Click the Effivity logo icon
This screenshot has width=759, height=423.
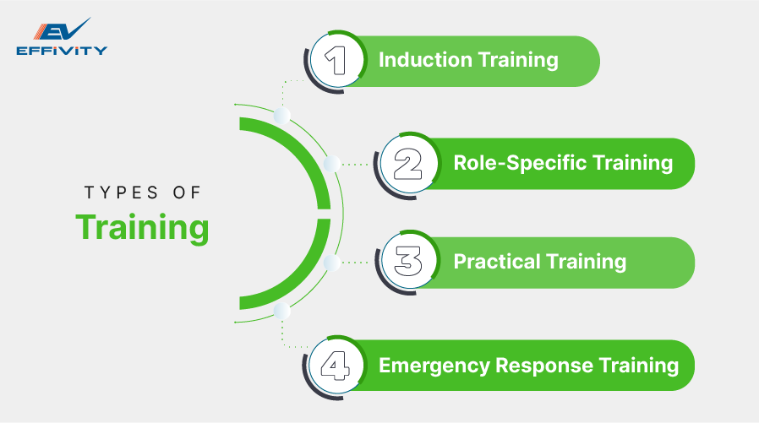[x=61, y=30]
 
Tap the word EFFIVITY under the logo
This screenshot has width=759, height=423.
[x=62, y=51]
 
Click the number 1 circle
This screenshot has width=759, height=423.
[x=336, y=62]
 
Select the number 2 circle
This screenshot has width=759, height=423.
[x=409, y=163]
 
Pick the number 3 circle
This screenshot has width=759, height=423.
[x=409, y=263]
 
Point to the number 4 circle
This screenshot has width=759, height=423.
[x=336, y=365]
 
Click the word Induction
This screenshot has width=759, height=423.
[x=424, y=61]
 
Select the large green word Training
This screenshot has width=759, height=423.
[x=142, y=228]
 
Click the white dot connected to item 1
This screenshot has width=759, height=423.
[x=282, y=114]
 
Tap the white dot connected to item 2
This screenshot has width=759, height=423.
[x=332, y=163]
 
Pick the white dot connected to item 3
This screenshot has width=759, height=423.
[x=332, y=263]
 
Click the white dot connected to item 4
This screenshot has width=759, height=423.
[x=282, y=312]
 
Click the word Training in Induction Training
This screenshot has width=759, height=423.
[x=517, y=61]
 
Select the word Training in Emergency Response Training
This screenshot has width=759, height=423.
[x=638, y=365]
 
